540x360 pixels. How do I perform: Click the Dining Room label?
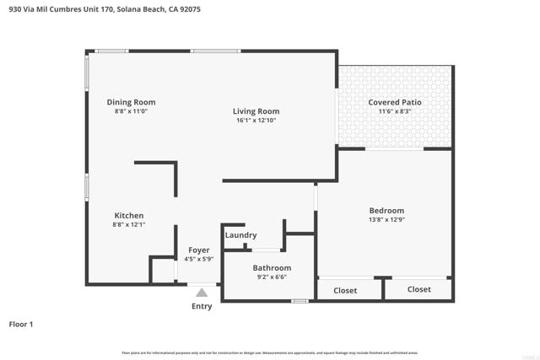(131, 102)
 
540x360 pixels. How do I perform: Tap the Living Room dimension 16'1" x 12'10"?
(256, 121)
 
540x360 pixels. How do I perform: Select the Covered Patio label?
(394, 102)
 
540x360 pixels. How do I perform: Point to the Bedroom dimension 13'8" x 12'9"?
(386, 220)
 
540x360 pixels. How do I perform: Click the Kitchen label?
(129, 216)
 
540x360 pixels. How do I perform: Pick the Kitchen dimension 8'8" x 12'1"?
(129, 225)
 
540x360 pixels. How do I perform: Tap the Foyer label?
(198, 250)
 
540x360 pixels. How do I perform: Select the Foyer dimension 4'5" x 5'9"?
(198, 260)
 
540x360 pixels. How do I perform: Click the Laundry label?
(240, 235)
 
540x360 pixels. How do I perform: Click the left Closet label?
(345, 291)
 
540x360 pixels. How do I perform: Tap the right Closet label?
(419, 289)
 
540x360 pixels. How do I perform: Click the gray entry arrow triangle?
(202, 293)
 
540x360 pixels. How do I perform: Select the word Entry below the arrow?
(202, 306)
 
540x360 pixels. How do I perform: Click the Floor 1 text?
(23, 324)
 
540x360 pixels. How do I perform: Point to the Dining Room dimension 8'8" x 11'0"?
(131, 111)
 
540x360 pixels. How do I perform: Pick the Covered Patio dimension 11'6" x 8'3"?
(394, 111)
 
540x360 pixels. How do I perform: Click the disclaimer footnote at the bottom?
(270, 352)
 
